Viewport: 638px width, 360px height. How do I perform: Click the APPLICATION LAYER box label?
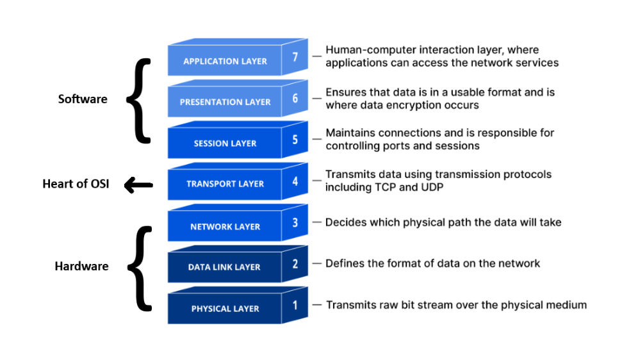tap(225, 61)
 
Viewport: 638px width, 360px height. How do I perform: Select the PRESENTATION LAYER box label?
tap(225, 102)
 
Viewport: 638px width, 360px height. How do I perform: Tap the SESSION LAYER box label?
tap(225, 143)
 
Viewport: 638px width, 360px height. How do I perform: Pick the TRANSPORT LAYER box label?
tap(225, 184)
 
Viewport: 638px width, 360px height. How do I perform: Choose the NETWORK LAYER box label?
tap(225, 227)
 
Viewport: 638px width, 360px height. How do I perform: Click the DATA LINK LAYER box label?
tap(224, 267)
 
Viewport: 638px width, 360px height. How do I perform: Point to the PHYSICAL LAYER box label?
tap(225, 309)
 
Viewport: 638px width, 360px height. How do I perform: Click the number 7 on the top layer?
tap(295, 57)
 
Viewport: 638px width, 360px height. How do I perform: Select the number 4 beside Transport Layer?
tap(295, 181)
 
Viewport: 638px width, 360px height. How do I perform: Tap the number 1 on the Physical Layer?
tap(295, 305)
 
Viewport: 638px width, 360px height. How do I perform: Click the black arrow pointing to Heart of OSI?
tap(138, 186)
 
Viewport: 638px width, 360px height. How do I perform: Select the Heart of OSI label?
tap(76, 184)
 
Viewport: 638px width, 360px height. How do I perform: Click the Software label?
tap(83, 99)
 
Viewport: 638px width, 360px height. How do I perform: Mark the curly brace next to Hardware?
tap(139, 268)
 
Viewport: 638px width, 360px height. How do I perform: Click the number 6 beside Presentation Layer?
tap(295, 98)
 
